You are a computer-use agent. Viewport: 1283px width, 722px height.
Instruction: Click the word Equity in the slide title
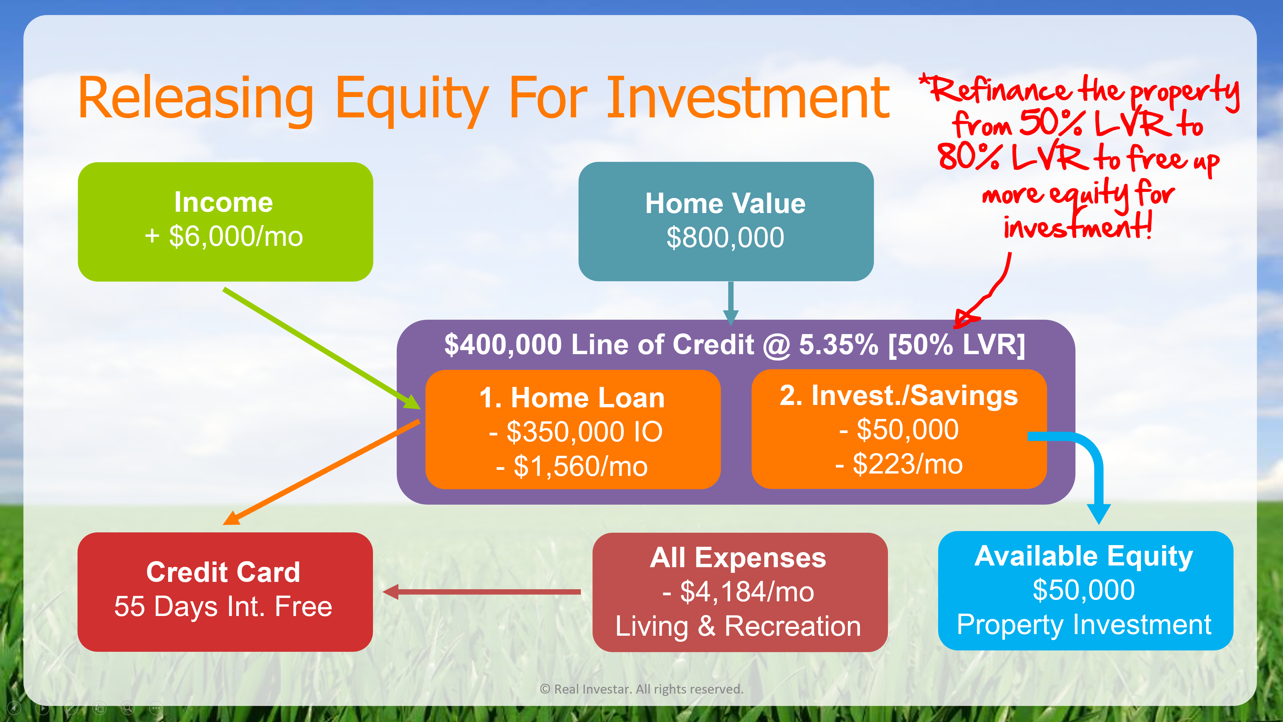(411, 100)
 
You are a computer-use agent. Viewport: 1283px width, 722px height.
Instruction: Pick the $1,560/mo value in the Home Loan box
(580, 467)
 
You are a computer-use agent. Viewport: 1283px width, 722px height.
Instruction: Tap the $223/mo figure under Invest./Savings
(907, 464)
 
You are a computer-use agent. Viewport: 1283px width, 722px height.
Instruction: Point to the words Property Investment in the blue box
(1084, 625)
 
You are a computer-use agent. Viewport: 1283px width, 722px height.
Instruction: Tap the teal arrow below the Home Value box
(731, 303)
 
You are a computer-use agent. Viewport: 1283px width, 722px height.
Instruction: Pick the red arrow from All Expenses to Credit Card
(482, 592)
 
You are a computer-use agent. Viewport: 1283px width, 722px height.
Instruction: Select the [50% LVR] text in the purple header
(957, 344)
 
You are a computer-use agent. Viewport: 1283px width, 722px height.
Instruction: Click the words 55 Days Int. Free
(223, 606)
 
